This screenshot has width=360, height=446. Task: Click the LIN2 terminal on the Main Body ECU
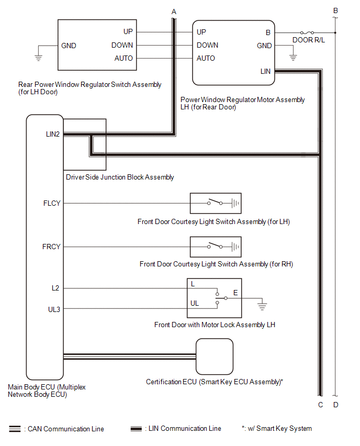click(53, 134)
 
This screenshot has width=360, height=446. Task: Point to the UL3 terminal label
click(53, 309)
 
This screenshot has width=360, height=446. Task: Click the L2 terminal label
click(55, 288)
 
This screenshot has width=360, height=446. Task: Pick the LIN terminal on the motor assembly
click(265, 71)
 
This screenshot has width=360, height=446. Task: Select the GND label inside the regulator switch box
click(69, 46)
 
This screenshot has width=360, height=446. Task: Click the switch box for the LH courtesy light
click(216, 203)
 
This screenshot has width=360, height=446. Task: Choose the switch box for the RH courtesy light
click(216, 247)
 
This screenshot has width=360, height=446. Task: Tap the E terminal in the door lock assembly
click(235, 293)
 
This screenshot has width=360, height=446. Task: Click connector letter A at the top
click(174, 11)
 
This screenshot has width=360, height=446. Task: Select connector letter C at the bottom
click(320, 405)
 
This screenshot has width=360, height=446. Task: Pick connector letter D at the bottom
click(336, 405)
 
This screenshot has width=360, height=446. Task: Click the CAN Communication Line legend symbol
click(15, 429)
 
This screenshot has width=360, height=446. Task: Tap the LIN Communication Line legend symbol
click(137, 429)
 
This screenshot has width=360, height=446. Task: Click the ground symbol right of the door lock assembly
click(263, 304)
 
